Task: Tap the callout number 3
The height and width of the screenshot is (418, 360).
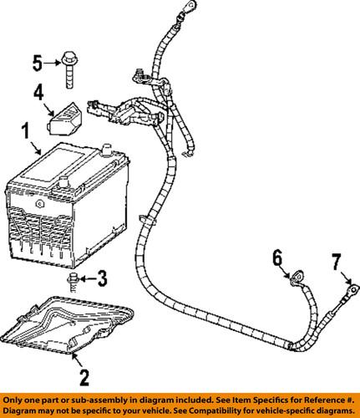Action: pyautogui.click(x=103, y=277)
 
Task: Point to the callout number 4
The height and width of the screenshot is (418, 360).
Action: pyautogui.click(x=39, y=94)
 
